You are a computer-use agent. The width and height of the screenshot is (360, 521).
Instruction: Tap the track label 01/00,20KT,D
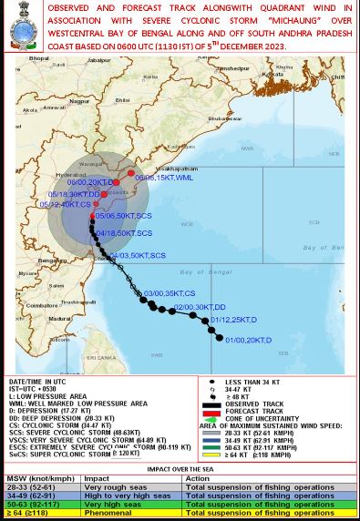pos(249,340)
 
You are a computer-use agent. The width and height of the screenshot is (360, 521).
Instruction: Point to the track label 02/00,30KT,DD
pos(200,307)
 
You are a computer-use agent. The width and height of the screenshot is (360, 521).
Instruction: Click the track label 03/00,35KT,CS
pos(170,293)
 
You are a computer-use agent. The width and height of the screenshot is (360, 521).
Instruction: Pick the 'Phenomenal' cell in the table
pos(104,513)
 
